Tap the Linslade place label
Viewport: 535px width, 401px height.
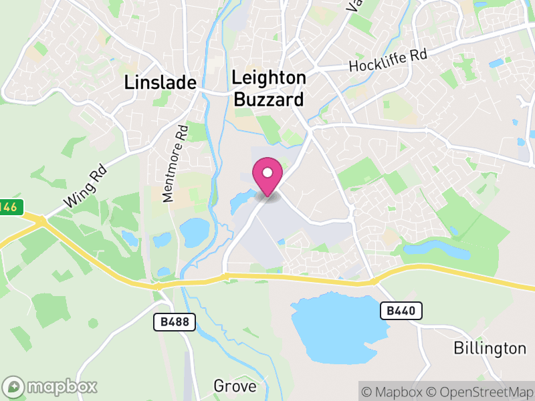coord(160,83)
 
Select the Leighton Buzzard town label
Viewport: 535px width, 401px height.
coord(269,89)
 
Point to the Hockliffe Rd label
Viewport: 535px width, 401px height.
coord(388,62)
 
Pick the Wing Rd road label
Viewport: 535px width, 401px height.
coord(85,191)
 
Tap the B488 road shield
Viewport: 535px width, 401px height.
coord(175,322)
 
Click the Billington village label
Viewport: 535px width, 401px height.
coord(490,348)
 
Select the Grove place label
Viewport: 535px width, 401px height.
coord(235,386)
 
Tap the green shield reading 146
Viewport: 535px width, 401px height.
coord(8,207)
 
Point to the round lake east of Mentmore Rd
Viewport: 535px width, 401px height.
coord(195,232)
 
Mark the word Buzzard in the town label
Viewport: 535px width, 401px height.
coord(269,100)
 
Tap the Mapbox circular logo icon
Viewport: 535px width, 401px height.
coord(13,387)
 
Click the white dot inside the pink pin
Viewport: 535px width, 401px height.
coord(267,172)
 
